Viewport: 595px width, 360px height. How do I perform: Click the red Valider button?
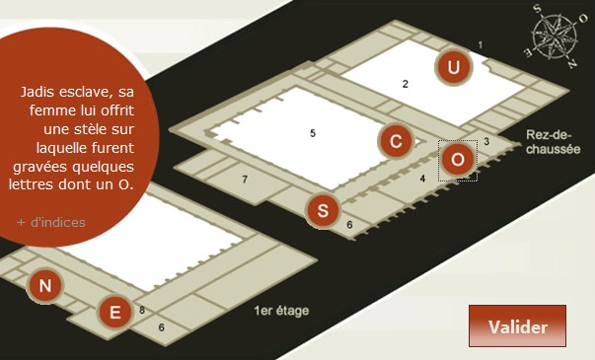click(x=517, y=325)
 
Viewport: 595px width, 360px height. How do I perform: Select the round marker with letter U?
click(x=453, y=67)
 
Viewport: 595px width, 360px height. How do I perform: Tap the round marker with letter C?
click(x=396, y=141)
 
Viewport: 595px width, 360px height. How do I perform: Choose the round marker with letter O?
click(x=458, y=160)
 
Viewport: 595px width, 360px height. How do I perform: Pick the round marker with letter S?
click(x=323, y=210)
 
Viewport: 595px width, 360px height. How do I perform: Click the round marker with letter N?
click(x=45, y=285)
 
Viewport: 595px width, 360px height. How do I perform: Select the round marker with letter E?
click(x=115, y=313)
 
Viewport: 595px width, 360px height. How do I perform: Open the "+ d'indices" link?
click(x=51, y=222)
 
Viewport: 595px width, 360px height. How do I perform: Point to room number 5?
click(x=313, y=133)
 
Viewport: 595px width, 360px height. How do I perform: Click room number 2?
click(x=406, y=84)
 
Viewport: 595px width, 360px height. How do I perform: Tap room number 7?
click(x=245, y=180)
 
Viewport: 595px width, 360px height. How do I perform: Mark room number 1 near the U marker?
click(x=481, y=45)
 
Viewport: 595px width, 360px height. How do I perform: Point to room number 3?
click(x=486, y=141)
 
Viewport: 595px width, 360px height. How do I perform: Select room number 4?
click(x=422, y=178)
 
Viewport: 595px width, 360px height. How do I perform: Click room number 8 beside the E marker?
click(x=142, y=310)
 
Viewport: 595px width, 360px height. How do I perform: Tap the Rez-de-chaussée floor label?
click(x=553, y=142)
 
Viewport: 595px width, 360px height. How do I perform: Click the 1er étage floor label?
click(x=281, y=311)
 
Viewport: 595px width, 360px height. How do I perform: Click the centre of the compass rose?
click(x=555, y=37)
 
